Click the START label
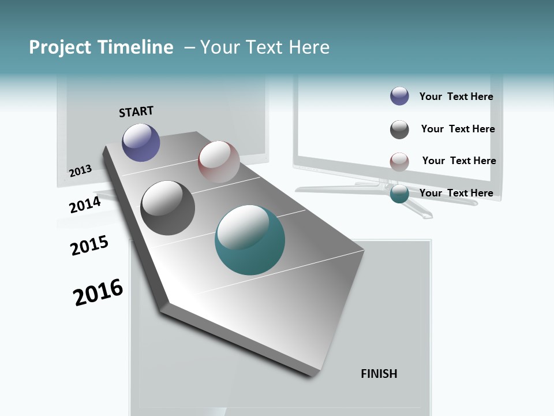click(x=136, y=112)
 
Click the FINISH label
click(x=379, y=374)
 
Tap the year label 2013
click(x=80, y=170)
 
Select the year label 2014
click(x=85, y=205)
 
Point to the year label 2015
click(x=89, y=246)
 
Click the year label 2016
click(x=98, y=292)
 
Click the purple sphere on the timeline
click(x=141, y=142)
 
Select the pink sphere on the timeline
click(x=219, y=162)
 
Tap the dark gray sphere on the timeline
click(x=168, y=208)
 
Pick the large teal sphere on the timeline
click(x=250, y=240)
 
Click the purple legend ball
click(x=399, y=96)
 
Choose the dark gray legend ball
click(x=399, y=129)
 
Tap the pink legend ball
click(x=399, y=162)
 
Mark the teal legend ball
click(x=399, y=194)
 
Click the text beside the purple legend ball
click(x=456, y=96)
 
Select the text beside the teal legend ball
click(x=456, y=193)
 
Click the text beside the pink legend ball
click(x=459, y=161)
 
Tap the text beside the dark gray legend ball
click(x=458, y=129)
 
